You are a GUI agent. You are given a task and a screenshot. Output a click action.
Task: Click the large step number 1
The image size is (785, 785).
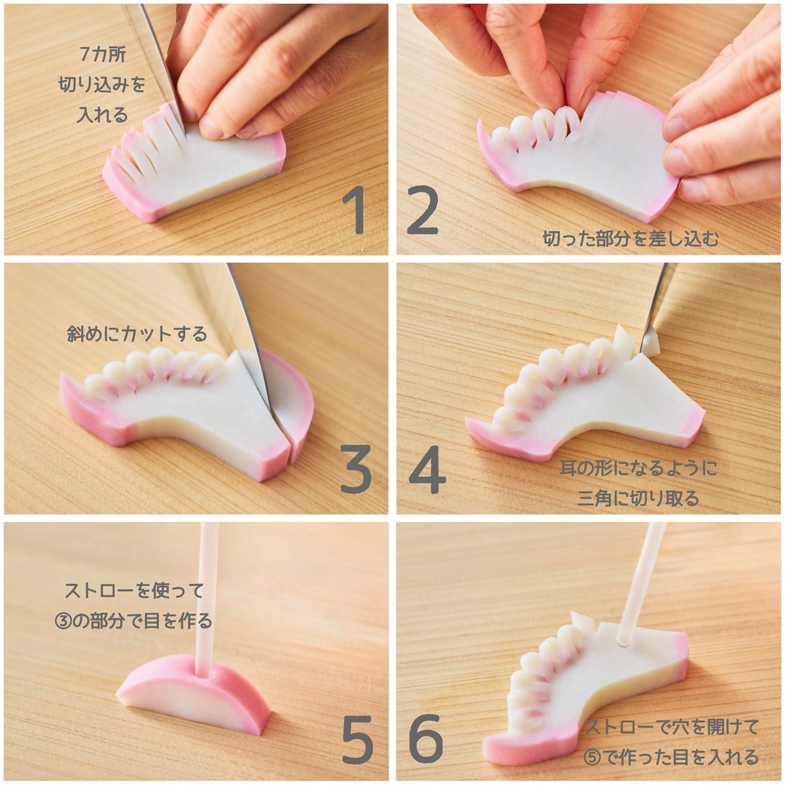point(355,210)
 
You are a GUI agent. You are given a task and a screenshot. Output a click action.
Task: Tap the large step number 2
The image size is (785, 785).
point(423,210)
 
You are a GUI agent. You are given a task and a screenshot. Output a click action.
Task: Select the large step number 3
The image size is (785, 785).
point(356,469)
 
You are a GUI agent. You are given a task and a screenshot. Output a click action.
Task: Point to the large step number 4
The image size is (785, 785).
point(427,469)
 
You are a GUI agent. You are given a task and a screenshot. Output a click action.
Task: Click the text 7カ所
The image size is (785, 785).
point(102,54)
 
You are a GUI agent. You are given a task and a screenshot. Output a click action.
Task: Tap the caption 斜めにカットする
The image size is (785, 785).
point(137,334)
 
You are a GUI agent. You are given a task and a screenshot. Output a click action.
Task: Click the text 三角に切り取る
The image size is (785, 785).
point(638,498)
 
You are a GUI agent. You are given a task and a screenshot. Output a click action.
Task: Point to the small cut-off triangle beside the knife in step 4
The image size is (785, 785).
point(651,345)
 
